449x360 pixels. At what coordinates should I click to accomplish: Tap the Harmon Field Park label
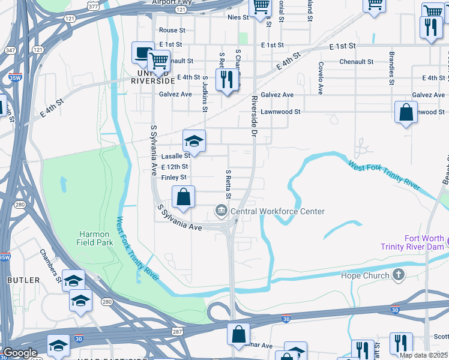[x=93, y=238]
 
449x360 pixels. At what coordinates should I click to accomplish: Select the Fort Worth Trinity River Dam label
[x=415, y=242]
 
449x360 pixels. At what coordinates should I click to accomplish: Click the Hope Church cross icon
[x=397, y=275]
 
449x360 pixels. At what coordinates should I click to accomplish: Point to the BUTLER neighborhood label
[x=23, y=280]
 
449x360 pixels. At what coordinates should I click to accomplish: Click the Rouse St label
[x=172, y=31]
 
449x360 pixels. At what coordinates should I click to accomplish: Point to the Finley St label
[x=173, y=178]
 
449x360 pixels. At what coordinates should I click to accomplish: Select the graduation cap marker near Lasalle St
[x=194, y=142]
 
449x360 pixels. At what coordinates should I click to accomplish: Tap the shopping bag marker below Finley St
[x=184, y=196]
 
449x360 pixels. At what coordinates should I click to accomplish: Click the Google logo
[x=20, y=353]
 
